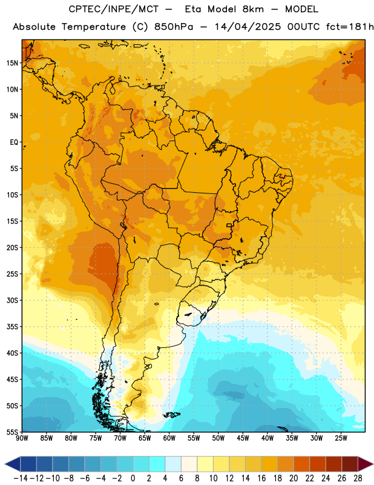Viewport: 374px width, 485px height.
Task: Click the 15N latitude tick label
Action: tap(12, 63)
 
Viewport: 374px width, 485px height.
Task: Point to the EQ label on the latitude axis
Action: tap(14, 142)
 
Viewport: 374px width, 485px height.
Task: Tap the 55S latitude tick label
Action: tap(12, 432)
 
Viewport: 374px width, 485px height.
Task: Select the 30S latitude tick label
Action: tap(12, 300)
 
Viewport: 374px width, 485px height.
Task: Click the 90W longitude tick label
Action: tap(22, 438)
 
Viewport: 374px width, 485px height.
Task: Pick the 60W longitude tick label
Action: tap(169, 438)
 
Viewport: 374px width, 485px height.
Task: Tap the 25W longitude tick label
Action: tap(341, 438)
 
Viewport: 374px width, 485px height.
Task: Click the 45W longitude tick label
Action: tap(243, 438)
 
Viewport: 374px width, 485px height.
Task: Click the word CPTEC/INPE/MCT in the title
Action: tap(113, 10)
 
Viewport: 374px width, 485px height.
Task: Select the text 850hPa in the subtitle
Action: tap(174, 27)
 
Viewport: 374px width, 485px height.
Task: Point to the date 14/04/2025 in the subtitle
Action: tap(248, 27)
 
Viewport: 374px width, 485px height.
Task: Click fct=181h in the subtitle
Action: tap(350, 27)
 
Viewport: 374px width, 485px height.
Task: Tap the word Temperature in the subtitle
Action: tap(94, 27)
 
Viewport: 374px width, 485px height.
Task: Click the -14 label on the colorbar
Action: tap(21, 478)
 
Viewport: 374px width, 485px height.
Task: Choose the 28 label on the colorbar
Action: tap(358, 478)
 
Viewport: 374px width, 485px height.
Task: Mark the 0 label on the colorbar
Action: tap(133, 478)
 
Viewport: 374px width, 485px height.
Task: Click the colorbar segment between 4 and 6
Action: tap(173, 464)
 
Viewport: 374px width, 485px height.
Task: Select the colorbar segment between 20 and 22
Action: tap(302, 464)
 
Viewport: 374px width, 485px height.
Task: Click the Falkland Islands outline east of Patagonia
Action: tap(171, 415)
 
